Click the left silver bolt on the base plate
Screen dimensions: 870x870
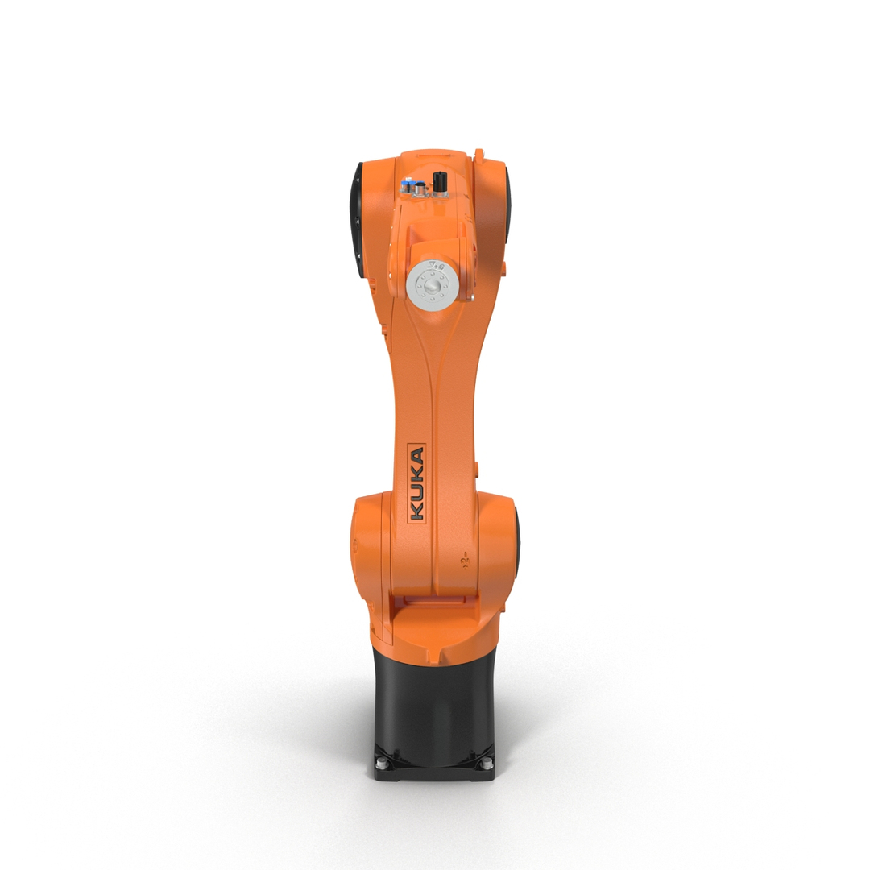[383, 761]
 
